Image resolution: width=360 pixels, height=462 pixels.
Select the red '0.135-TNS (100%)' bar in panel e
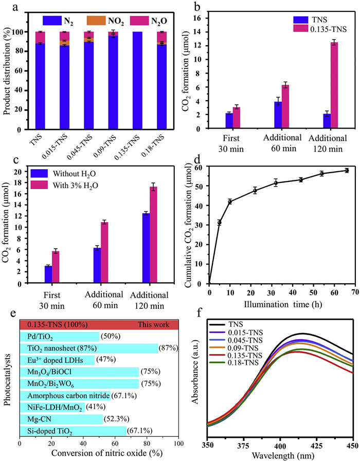99,325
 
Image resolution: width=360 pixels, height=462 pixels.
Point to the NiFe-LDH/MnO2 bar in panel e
51,406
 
